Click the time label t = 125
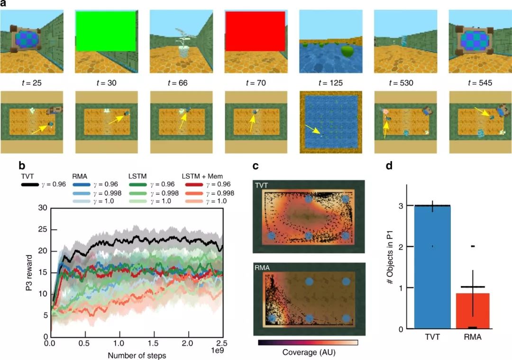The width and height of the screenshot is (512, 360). [330, 83]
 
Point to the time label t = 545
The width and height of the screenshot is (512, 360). [479, 83]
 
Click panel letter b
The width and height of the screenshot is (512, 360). [22, 166]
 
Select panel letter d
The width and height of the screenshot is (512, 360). [390, 166]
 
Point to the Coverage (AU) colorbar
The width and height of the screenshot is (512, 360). [308, 342]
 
